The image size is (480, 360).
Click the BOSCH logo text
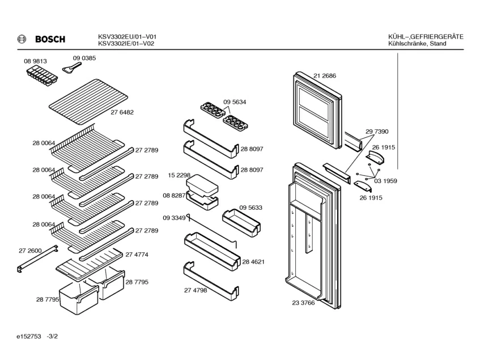tap(50, 39)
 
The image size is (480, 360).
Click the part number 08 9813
tap(35, 61)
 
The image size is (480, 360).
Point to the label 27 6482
tap(122, 112)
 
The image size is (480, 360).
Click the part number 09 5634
tap(235, 102)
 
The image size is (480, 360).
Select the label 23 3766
tap(303, 303)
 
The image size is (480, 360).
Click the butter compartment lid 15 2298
tap(202, 184)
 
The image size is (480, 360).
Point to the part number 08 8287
tap(174, 195)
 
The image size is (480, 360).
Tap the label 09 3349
tap(174, 218)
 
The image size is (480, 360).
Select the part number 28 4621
tap(253, 262)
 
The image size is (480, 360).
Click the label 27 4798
tap(195, 290)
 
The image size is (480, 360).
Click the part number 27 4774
tap(137, 255)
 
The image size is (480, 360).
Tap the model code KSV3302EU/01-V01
tap(127, 36)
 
